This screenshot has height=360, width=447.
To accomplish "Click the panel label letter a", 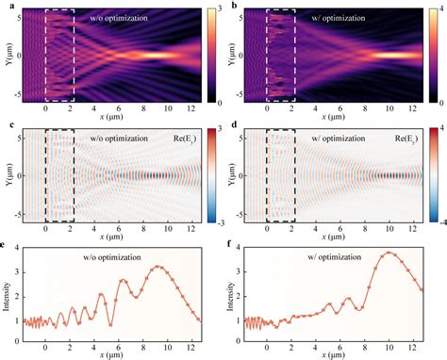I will [7, 7].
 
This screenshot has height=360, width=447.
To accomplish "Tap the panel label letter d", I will [233, 122].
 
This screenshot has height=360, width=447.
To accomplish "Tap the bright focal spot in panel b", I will [394, 55].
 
